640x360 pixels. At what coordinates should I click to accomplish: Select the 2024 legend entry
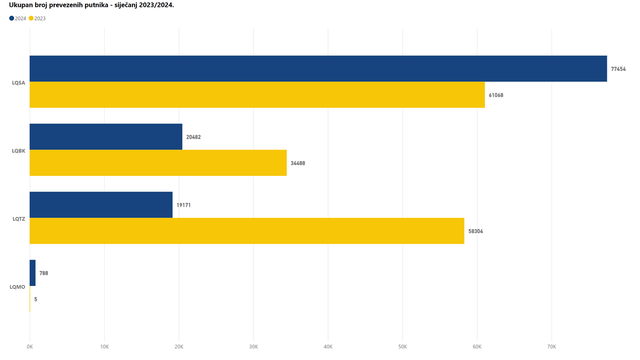pos(18,18)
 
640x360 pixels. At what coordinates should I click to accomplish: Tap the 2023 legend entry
pos(37,18)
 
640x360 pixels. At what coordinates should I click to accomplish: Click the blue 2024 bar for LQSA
pos(318,68)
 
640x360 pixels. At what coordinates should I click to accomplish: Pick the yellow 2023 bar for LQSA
pos(257,94)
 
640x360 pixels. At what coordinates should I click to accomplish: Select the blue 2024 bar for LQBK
pos(106,136)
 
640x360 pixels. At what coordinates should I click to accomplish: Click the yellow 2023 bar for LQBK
pos(158,162)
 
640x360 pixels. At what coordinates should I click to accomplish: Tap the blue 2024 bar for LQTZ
pos(101,204)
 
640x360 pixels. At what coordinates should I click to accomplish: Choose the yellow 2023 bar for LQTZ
pos(246,230)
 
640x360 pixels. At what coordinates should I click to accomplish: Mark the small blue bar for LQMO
pos(32,273)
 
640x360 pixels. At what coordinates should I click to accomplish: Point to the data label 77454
pos(618,69)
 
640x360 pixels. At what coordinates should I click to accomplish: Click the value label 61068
pos(496,95)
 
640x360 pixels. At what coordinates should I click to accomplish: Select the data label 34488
pos(298,163)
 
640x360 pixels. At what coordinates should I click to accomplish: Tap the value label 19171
pos(183,205)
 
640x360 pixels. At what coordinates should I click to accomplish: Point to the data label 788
pos(43,273)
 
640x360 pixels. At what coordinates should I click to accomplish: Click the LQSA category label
pos(18,82)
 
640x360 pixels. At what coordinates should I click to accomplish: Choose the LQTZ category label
pos(18,218)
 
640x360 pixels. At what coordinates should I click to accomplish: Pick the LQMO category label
pos(17,286)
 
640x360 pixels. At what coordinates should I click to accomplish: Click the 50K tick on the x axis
pos(402,346)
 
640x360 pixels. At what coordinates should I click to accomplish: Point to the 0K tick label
pos(30,346)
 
